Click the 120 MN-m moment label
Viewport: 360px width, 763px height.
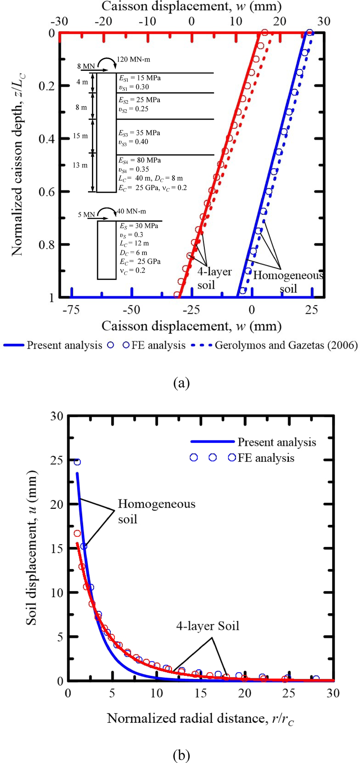(x=133, y=59)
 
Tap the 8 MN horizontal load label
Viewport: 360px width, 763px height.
(x=86, y=66)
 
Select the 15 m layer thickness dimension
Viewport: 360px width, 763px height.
(x=80, y=136)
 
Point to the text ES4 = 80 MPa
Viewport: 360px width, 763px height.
(x=140, y=160)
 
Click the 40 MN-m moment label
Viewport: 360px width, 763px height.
(x=131, y=211)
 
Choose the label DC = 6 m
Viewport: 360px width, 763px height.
(x=134, y=253)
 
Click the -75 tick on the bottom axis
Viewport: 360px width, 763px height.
(x=71, y=310)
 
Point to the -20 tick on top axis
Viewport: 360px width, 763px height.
(x=103, y=22)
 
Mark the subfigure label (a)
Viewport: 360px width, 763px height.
(x=181, y=383)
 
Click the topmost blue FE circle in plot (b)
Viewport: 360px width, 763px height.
(x=77, y=462)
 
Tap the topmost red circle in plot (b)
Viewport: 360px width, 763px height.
(x=77, y=533)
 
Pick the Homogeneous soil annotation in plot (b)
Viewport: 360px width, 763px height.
(x=156, y=511)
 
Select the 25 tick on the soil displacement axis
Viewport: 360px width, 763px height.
(x=57, y=461)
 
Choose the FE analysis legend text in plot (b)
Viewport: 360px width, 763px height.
(x=266, y=458)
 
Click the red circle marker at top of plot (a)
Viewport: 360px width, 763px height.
(x=264, y=33)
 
